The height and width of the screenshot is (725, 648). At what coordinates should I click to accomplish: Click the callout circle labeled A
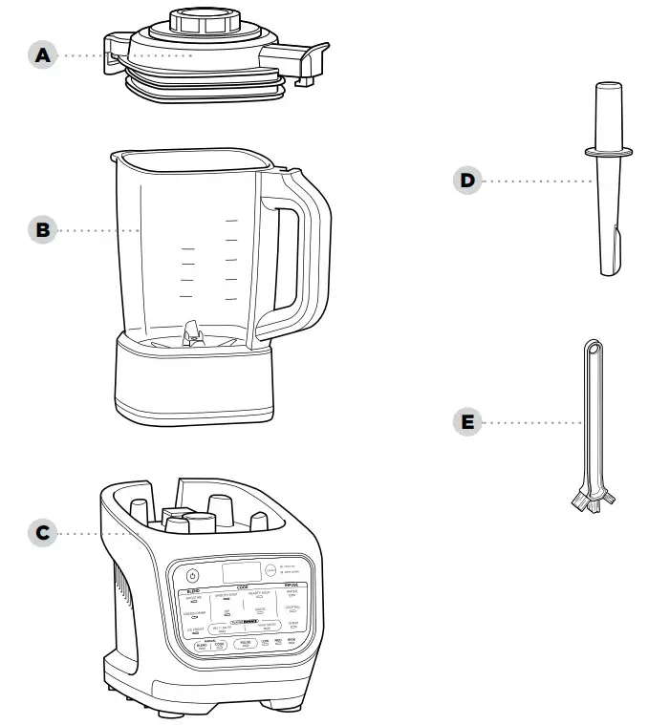click(x=41, y=55)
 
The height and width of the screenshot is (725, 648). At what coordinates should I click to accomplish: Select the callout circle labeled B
click(x=41, y=230)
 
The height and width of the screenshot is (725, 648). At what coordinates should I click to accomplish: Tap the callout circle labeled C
click(x=41, y=533)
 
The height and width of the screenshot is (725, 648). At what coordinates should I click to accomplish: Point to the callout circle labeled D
click(x=467, y=180)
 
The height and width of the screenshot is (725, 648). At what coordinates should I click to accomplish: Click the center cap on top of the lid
click(x=203, y=19)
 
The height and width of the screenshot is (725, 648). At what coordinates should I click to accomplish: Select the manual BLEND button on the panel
click(x=202, y=647)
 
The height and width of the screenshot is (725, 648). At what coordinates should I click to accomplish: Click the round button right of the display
click(x=270, y=571)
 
